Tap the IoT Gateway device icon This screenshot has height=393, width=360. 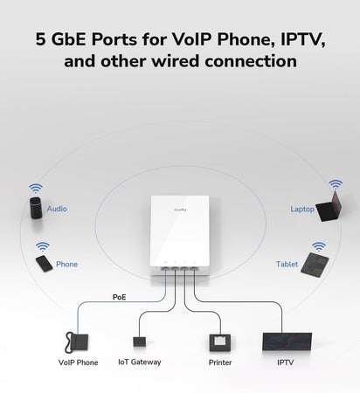(x=138, y=340)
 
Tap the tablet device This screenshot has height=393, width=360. (x=315, y=265)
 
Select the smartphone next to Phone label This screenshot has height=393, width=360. (x=43, y=263)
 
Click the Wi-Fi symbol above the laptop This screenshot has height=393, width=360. (x=335, y=185)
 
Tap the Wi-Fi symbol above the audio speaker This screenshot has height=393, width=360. (x=35, y=188)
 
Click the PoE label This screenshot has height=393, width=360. (x=119, y=297)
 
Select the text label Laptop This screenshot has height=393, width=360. (x=301, y=210)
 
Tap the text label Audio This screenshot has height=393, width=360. (x=57, y=210)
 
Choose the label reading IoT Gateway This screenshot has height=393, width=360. (x=140, y=362)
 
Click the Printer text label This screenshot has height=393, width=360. (x=220, y=362)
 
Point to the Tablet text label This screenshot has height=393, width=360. (x=287, y=264)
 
